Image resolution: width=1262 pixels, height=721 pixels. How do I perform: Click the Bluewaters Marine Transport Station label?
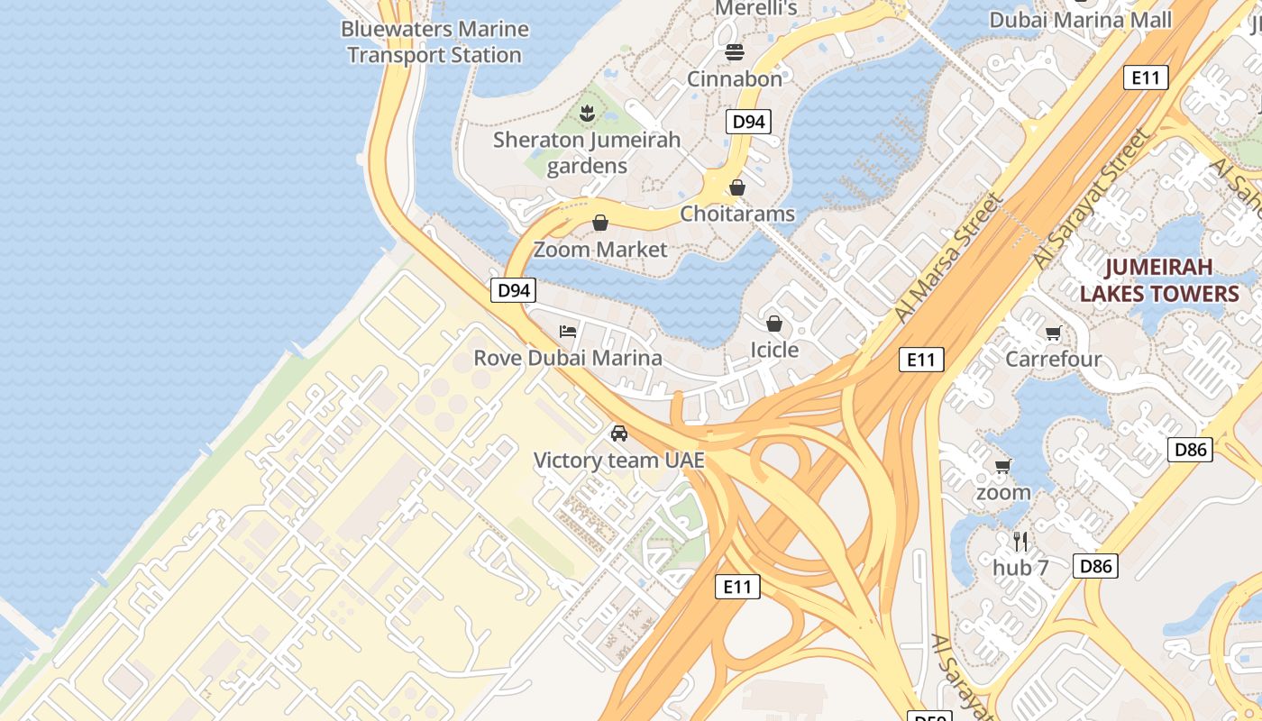click(x=434, y=41)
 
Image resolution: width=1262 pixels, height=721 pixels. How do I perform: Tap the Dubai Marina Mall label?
click(x=1080, y=20)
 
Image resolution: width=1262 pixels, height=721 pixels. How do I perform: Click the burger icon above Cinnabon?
click(x=735, y=52)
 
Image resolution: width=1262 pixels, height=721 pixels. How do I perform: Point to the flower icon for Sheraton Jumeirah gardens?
click(x=587, y=114)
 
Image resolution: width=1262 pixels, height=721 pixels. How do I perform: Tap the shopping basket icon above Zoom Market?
click(x=600, y=223)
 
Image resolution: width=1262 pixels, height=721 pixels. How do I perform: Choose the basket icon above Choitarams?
click(x=737, y=187)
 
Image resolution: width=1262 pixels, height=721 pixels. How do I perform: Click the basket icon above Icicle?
click(x=774, y=323)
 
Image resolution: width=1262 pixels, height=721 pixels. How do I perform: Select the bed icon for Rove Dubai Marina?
click(x=568, y=332)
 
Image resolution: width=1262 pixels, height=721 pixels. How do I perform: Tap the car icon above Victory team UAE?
click(x=619, y=434)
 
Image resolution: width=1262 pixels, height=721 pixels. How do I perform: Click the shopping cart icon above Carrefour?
click(x=1053, y=333)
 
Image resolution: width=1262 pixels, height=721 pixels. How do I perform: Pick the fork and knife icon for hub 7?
click(x=1020, y=541)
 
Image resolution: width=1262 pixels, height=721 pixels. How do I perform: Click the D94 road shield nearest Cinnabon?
click(x=748, y=121)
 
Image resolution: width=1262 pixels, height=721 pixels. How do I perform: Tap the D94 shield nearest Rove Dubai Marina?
click(x=514, y=290)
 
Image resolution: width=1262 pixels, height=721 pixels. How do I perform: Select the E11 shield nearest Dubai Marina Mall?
click(x=1146, y=78)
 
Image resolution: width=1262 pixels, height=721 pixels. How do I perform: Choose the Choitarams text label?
click(x=737, y=214)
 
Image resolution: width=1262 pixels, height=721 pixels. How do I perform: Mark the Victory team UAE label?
click(x=619, y=461)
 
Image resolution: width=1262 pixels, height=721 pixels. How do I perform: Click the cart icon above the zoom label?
click(x=1002, y=466)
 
